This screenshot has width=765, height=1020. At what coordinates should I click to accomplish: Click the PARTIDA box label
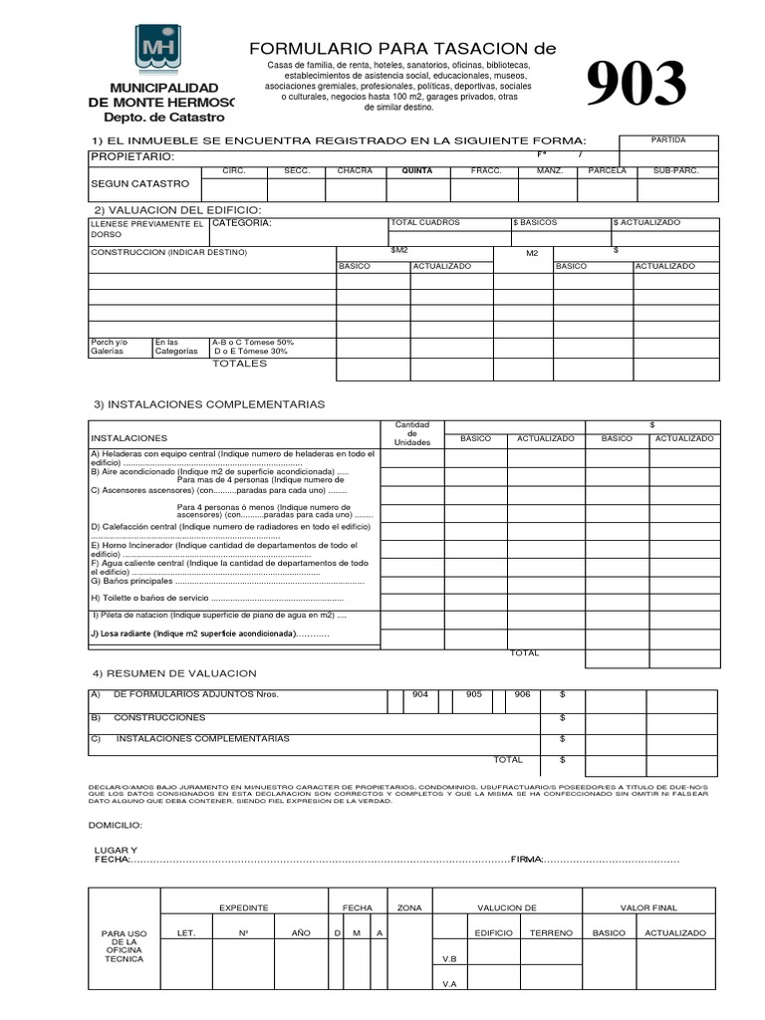point(668,140)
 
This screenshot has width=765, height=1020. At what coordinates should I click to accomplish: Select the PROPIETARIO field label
point(132,157)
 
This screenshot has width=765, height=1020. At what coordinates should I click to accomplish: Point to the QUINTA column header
point(416,171)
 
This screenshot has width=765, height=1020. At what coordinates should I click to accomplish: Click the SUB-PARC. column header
point(676,171)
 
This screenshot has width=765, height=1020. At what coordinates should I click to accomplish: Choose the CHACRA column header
point(355,171)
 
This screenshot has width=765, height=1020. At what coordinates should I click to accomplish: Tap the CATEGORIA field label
point(241,224)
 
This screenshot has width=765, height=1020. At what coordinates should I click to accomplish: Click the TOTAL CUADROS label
point(425,223)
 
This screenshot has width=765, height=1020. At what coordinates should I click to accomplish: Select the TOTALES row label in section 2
point(239,364)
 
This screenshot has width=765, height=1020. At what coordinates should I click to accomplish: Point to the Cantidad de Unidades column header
point(411,433)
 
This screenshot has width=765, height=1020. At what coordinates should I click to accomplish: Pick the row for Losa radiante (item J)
point(210,634)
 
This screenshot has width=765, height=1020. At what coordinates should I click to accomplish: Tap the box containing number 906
point(522,694)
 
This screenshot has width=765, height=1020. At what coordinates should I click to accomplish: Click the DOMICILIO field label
point(116,826)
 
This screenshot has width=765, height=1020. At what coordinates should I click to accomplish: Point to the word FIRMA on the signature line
point(526,859)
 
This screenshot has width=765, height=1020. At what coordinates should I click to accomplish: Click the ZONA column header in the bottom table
point(409,908)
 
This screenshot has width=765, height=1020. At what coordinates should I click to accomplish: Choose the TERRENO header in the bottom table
point(551,933)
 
